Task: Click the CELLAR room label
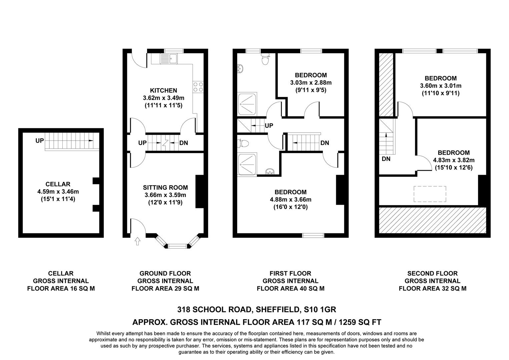click(x=58, y=184)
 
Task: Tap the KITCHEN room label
click(x=163, y=90)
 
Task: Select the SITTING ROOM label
click(x=165, y=188)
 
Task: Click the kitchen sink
click(x=169, y=59)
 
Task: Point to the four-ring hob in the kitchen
click(x=198, y=87)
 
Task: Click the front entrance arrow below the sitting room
click(x=137, y=241)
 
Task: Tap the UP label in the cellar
click(x=40, y=141)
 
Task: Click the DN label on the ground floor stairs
click(x=183, y=143)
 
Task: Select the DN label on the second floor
click(x=386, y=159)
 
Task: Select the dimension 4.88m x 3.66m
click(x=291, y=200)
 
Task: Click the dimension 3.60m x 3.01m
click(x=441, y=86)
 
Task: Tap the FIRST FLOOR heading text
click(x=290, y=273)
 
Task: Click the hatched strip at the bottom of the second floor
click(x=432, y=220)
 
